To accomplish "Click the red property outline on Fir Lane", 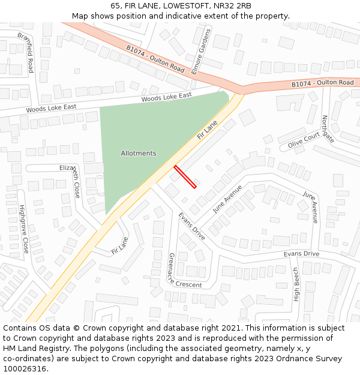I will coord(185,176).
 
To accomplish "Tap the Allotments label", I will coord(138,153).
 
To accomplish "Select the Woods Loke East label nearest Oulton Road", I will coord(166,97).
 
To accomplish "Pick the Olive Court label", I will coord(303,140).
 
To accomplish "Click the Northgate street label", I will coord(328,129).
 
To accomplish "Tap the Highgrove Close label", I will coord(24,229).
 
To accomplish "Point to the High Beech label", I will coord(296,284).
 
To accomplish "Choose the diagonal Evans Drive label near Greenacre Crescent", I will coord(191,226).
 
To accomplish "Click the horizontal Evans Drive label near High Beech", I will coord(301,254).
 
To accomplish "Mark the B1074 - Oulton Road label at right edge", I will coord(323,83).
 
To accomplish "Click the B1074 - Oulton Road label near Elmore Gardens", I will coord(155,59).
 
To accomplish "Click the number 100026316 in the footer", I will coord(24,368).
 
